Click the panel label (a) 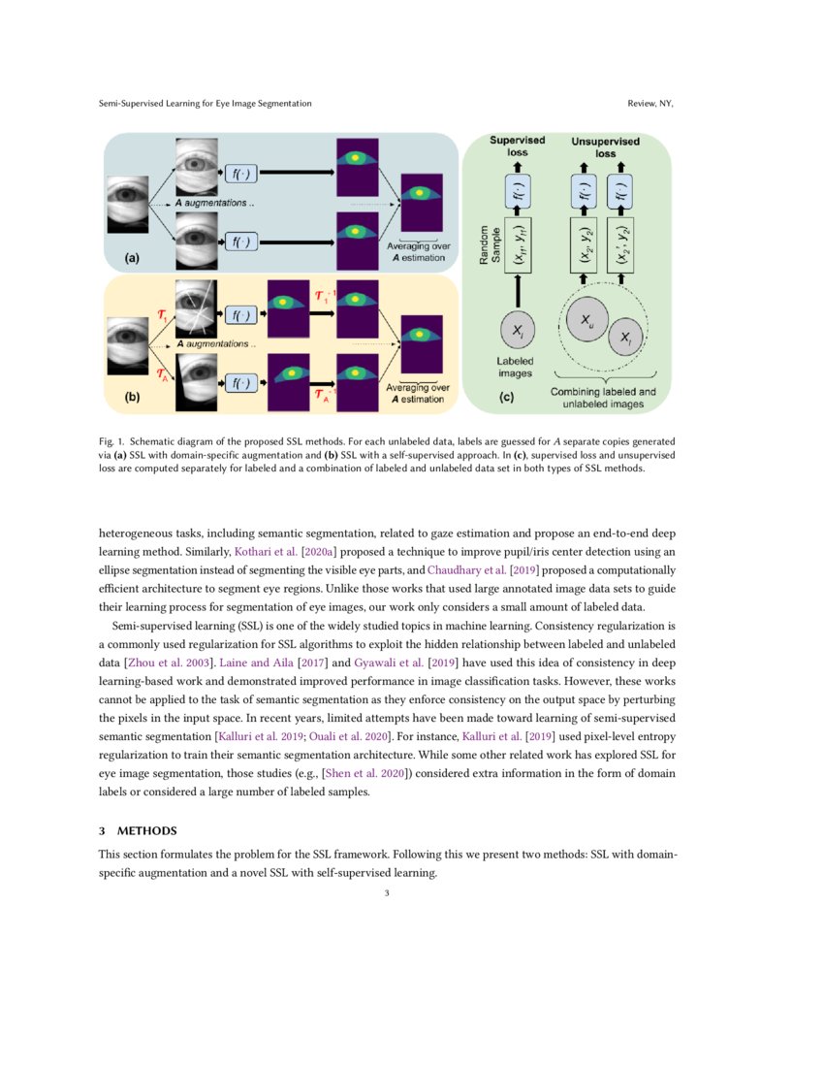click(x=131, y=259)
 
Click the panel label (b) click(x=131, y=397)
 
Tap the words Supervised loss click(x=517, y=146)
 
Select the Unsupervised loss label click(x=605, y=146)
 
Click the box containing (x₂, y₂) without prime click(x=584, y=247)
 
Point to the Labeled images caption click(x=516, y=367)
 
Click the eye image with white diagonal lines click(x=198, y=305)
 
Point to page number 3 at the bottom click(x=386, y=892)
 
